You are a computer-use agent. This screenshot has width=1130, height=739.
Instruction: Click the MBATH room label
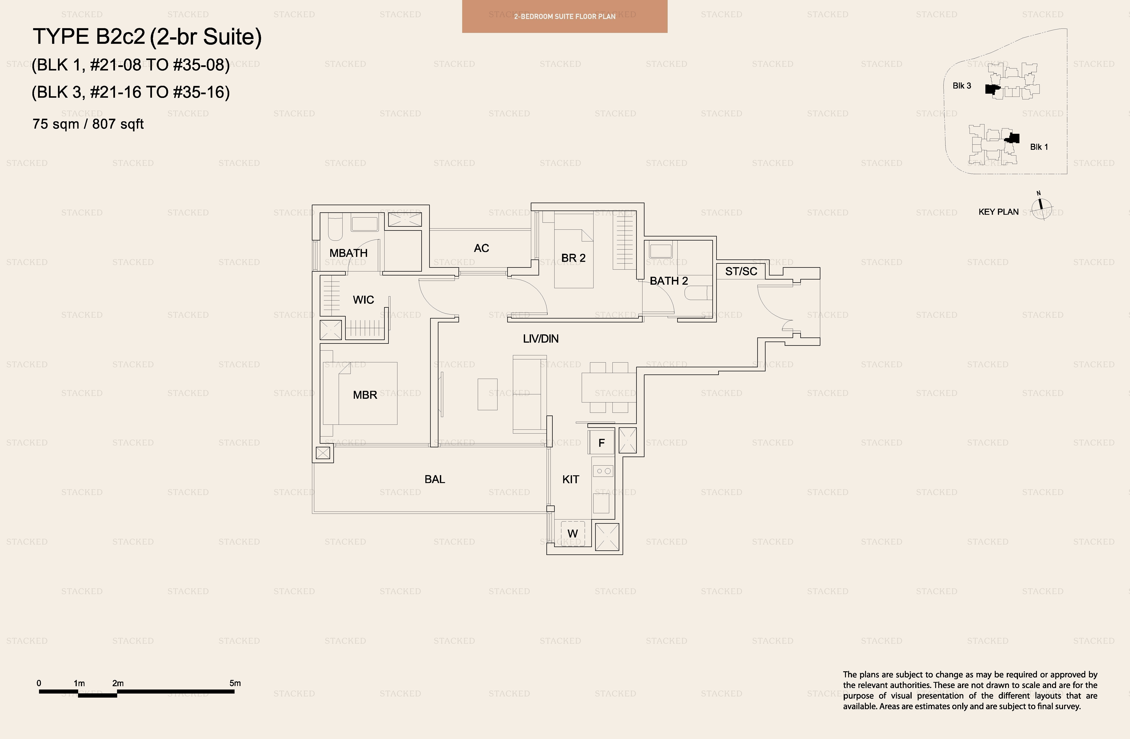tap(348, 253)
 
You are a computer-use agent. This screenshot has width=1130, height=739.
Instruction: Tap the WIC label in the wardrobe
tap(363, 300)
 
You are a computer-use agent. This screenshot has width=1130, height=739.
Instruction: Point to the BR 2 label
tap(573, 258)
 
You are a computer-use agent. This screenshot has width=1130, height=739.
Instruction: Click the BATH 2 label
tap(669, 281)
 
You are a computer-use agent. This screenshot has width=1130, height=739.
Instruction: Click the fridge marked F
tap(601, 442)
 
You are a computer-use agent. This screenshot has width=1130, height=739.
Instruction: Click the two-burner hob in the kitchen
tap(603, 471)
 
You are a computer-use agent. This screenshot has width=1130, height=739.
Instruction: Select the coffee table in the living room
tap(487, 394)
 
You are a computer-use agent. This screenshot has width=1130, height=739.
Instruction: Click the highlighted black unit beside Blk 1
tap(1013, 138)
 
